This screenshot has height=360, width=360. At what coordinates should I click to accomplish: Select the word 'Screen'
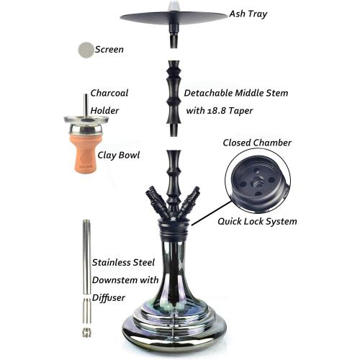coord(109,50)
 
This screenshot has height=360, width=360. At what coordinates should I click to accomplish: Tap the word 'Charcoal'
coord(109,93)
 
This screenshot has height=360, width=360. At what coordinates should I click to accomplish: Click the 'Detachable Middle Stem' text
coord(237,93)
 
